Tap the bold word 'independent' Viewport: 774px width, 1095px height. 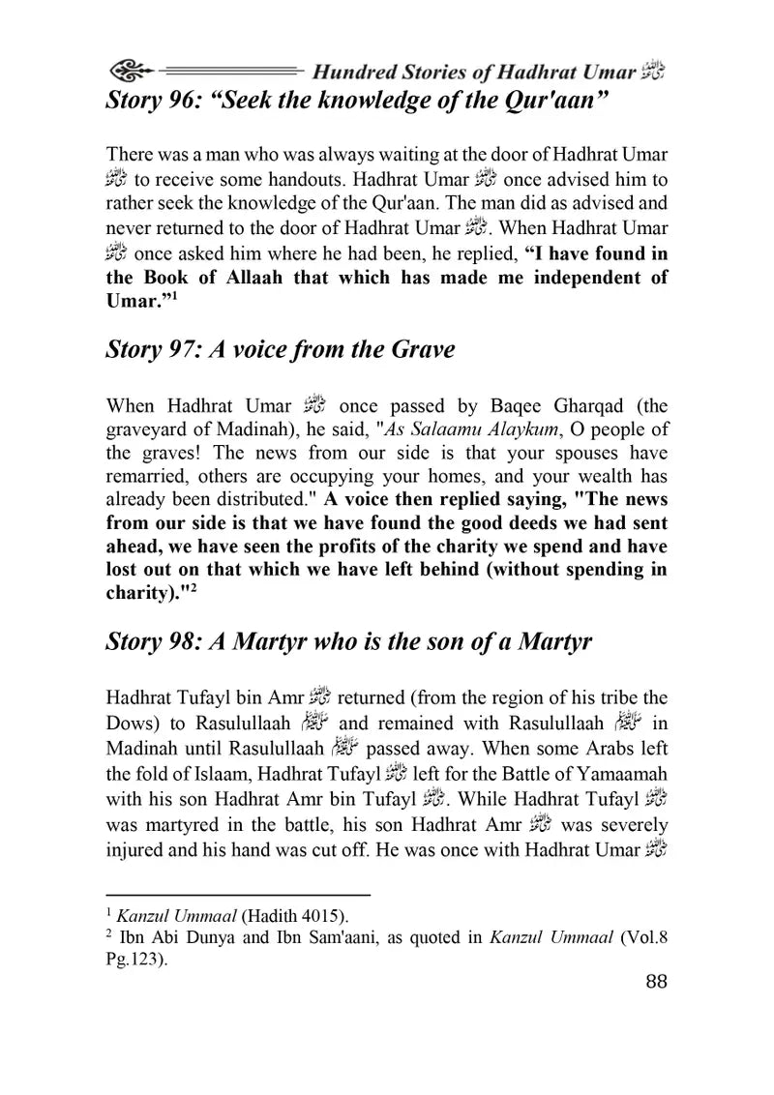(546, 279)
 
